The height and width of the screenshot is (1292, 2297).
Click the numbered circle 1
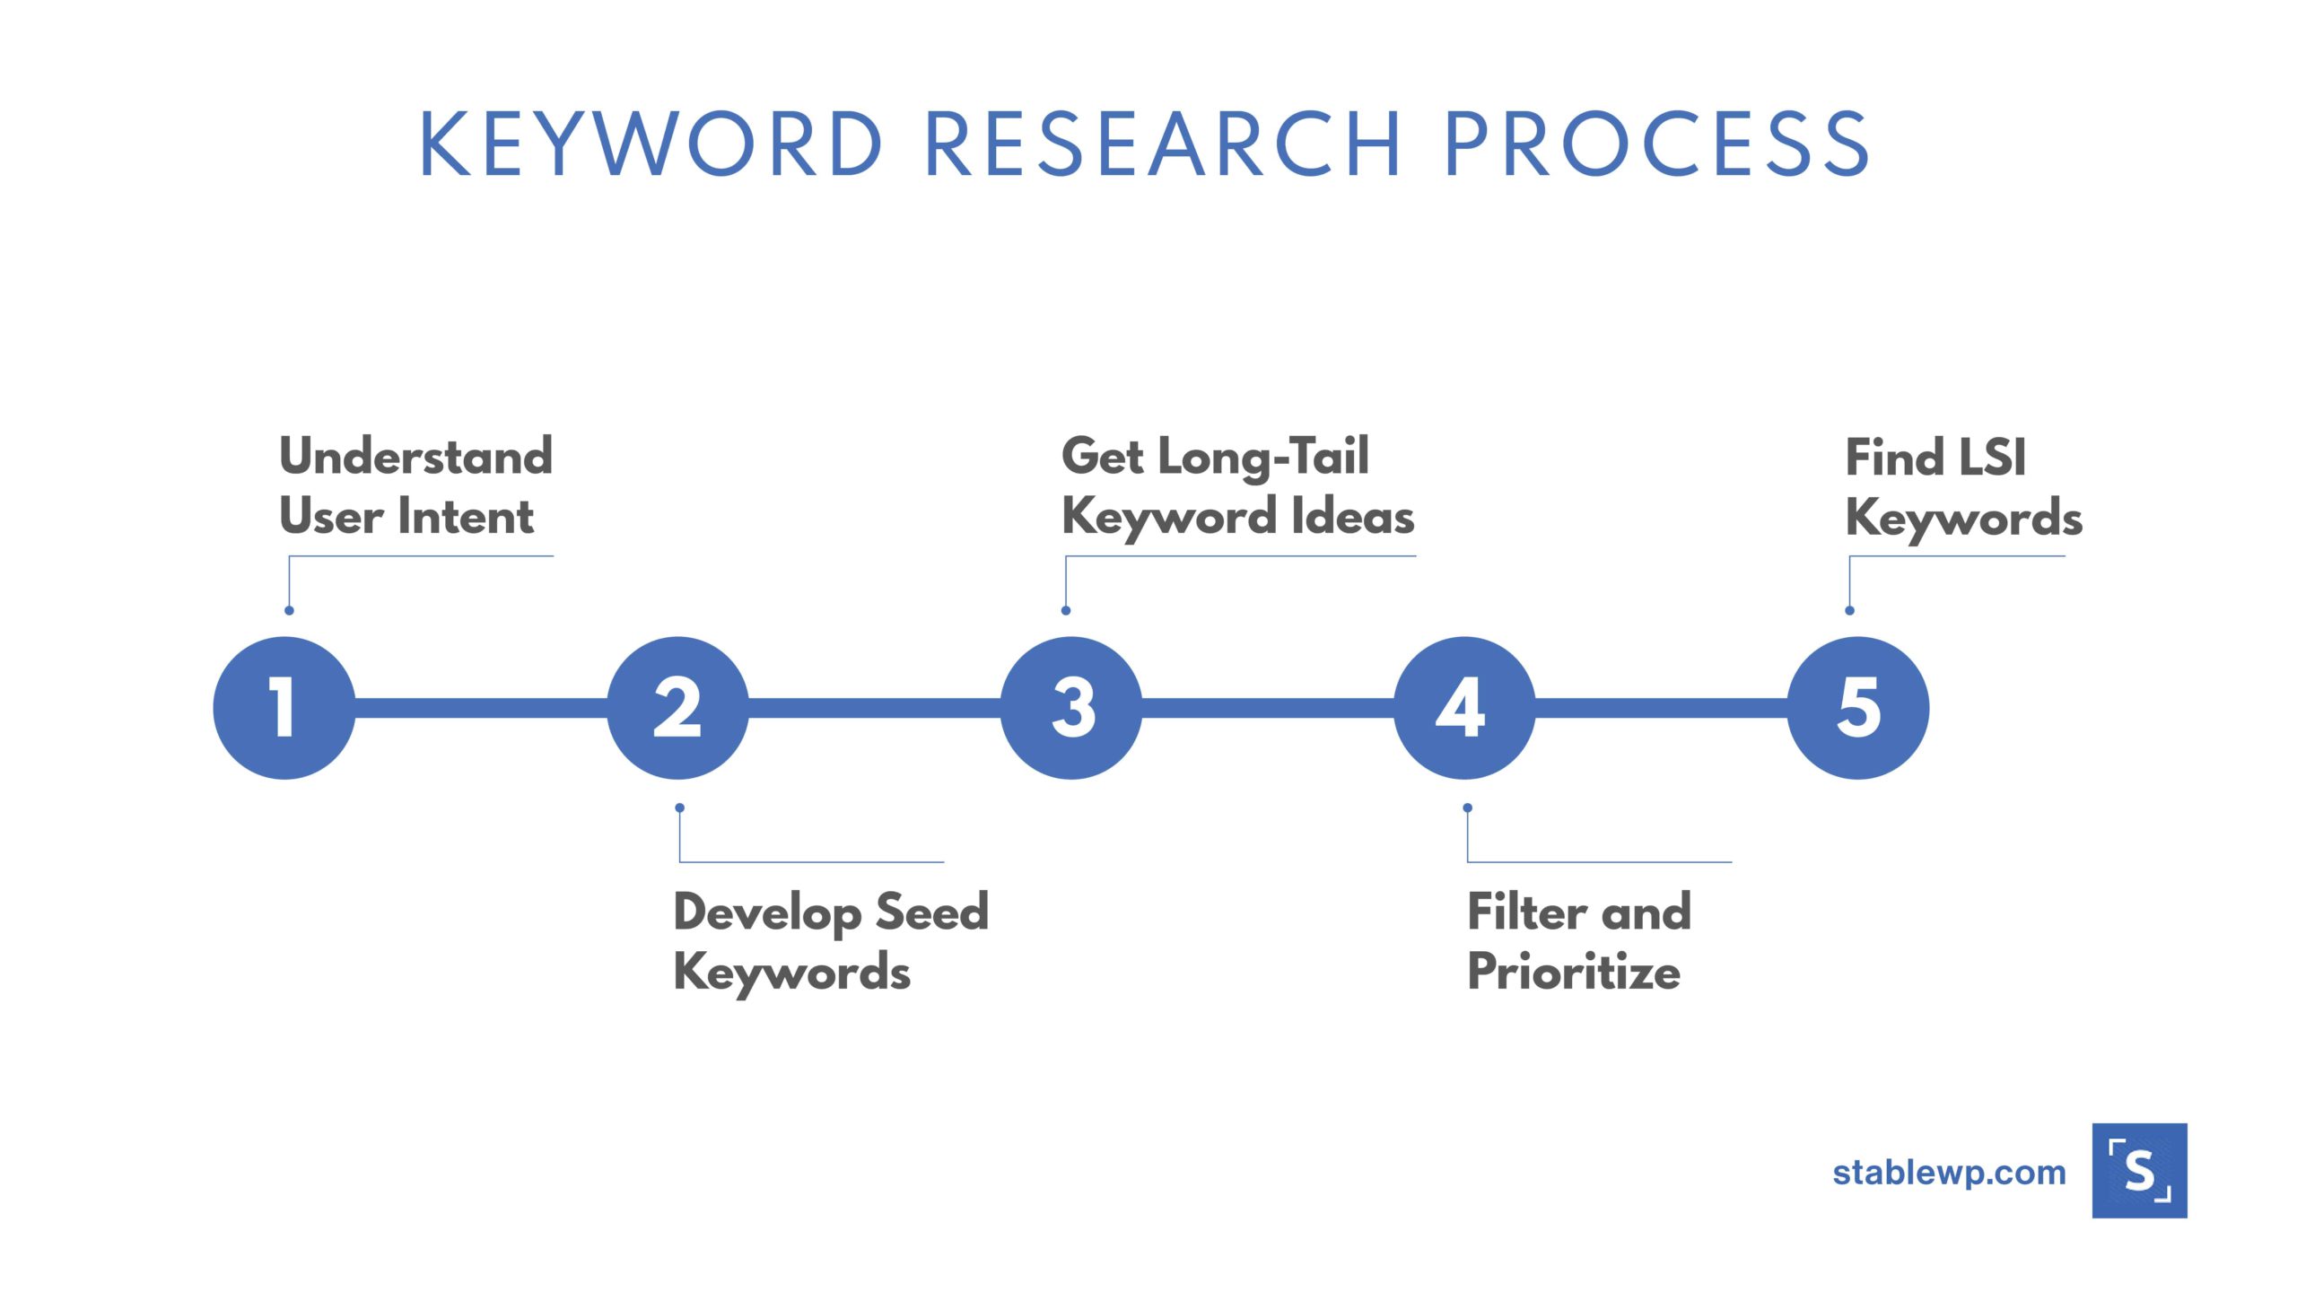(x=284, y=708)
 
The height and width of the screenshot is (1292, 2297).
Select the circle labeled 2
(x=678, y=708)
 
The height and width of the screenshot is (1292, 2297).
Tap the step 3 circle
(x=1071, y=708)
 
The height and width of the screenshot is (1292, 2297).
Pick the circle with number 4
(x=1464, y=708)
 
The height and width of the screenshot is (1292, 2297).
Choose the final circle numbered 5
(x=1858, y=708)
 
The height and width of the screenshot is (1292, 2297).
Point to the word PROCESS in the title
(x=1656, y=144)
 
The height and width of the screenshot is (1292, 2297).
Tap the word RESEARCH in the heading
(x=1163, y=144)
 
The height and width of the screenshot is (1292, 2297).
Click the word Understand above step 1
(x=416, y=457)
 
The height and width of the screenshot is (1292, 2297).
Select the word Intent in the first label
(x=465, y=517)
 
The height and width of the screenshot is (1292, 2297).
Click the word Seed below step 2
(x=931, y=912)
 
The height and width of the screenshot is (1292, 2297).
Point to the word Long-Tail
(x=1263, y=457)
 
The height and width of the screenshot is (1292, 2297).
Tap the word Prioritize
(x=1574, y=973)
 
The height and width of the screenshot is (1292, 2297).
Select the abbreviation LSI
(x=1992, y=458)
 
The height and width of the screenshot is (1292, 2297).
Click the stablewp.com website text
(x=1949, y=1173)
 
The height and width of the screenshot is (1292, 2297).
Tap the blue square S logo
(x=2139, y=1171)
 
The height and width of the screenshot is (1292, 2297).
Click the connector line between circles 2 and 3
(x=875, y=708)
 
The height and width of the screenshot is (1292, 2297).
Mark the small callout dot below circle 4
(x=1467, y=807)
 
